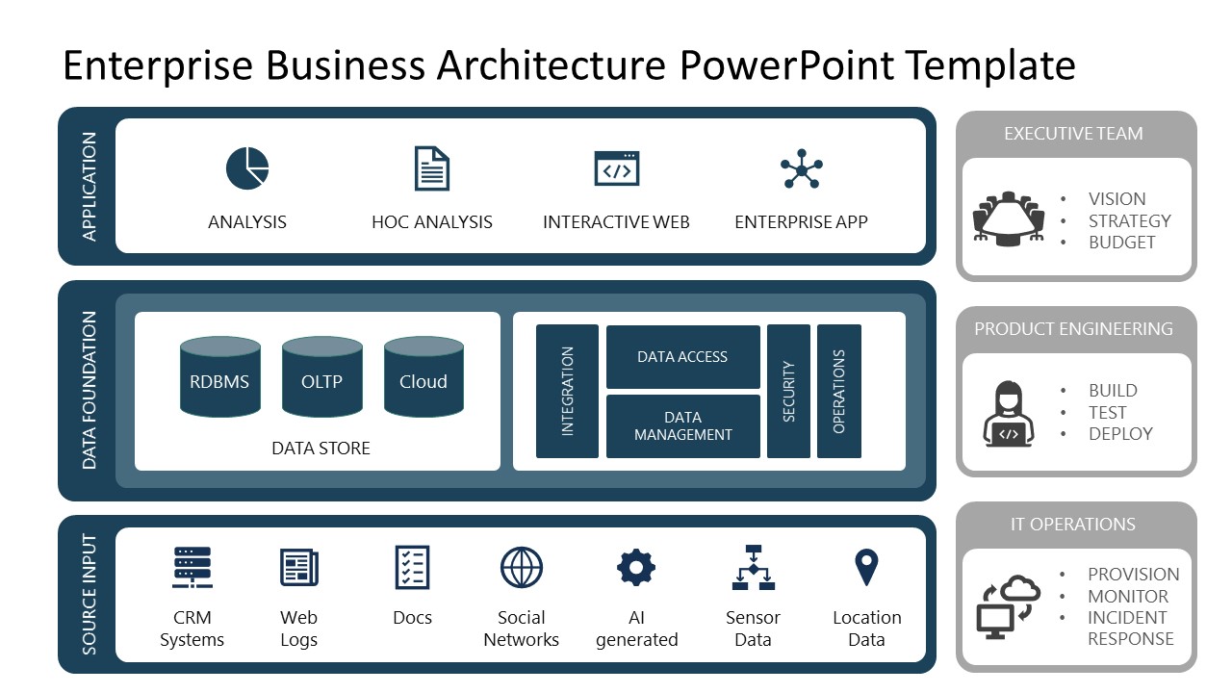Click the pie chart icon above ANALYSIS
coord(247,169)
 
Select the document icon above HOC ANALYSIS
coord(432,169)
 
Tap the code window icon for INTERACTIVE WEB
coord(617,169)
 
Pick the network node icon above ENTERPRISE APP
coord(801,169)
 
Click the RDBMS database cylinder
coord(220,377)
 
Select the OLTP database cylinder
coord(321,377)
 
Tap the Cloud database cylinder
coord(423,377)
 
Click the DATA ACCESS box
coord(682,357)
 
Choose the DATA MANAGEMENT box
coord(682,426)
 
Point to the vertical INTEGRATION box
coord(567,392)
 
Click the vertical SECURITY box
coord(788,392)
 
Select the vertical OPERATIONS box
coord(838,392)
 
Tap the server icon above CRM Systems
coord(192,568)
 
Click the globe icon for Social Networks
coord(522,568)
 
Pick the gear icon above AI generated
coord(636,568)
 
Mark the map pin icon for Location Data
coord(866,567)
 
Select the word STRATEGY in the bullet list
coord(1129,220)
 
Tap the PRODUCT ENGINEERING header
coord(1073,329)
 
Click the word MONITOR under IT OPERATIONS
coord(1128,596)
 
